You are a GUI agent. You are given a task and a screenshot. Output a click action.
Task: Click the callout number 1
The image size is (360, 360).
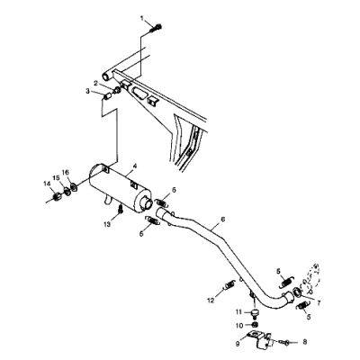[x=142, y=19]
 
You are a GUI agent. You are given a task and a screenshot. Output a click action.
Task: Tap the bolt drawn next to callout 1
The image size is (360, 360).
[x=156, y=29]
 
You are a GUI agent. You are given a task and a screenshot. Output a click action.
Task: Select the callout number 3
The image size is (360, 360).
[x=87, y=91]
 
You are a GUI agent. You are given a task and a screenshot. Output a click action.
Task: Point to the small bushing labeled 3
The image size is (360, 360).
[x=107, y=97]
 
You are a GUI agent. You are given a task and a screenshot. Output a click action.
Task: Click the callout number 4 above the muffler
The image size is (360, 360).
[x=135, y=166]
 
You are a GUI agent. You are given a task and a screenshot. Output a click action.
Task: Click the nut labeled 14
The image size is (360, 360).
[x=57, y=197]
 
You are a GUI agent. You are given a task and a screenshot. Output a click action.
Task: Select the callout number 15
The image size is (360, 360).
[x=56, y=178]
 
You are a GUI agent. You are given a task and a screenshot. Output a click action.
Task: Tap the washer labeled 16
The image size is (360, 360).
[x=74, y=188]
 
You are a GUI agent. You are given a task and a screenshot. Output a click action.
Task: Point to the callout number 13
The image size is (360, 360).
[x=107, y=224]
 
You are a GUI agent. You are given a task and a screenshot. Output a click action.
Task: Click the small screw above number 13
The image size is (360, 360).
[x=121, y=209]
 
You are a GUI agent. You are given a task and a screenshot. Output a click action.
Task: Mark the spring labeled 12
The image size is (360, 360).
[x=229, y=284]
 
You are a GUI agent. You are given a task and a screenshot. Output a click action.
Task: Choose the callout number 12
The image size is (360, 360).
[x=211, y=300]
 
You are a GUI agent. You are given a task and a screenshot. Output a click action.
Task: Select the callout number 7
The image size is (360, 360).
[x=318, y=303]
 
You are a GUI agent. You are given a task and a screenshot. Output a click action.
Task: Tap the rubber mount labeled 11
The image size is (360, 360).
[x=256, y=312]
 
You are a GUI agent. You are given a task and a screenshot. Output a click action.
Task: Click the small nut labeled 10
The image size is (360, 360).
[x=255, y=325]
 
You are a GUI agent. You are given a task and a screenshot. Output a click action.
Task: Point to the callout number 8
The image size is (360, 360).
[x=305, y=342]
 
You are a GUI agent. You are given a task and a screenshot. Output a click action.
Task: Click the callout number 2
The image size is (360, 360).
[x=95, y=83]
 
